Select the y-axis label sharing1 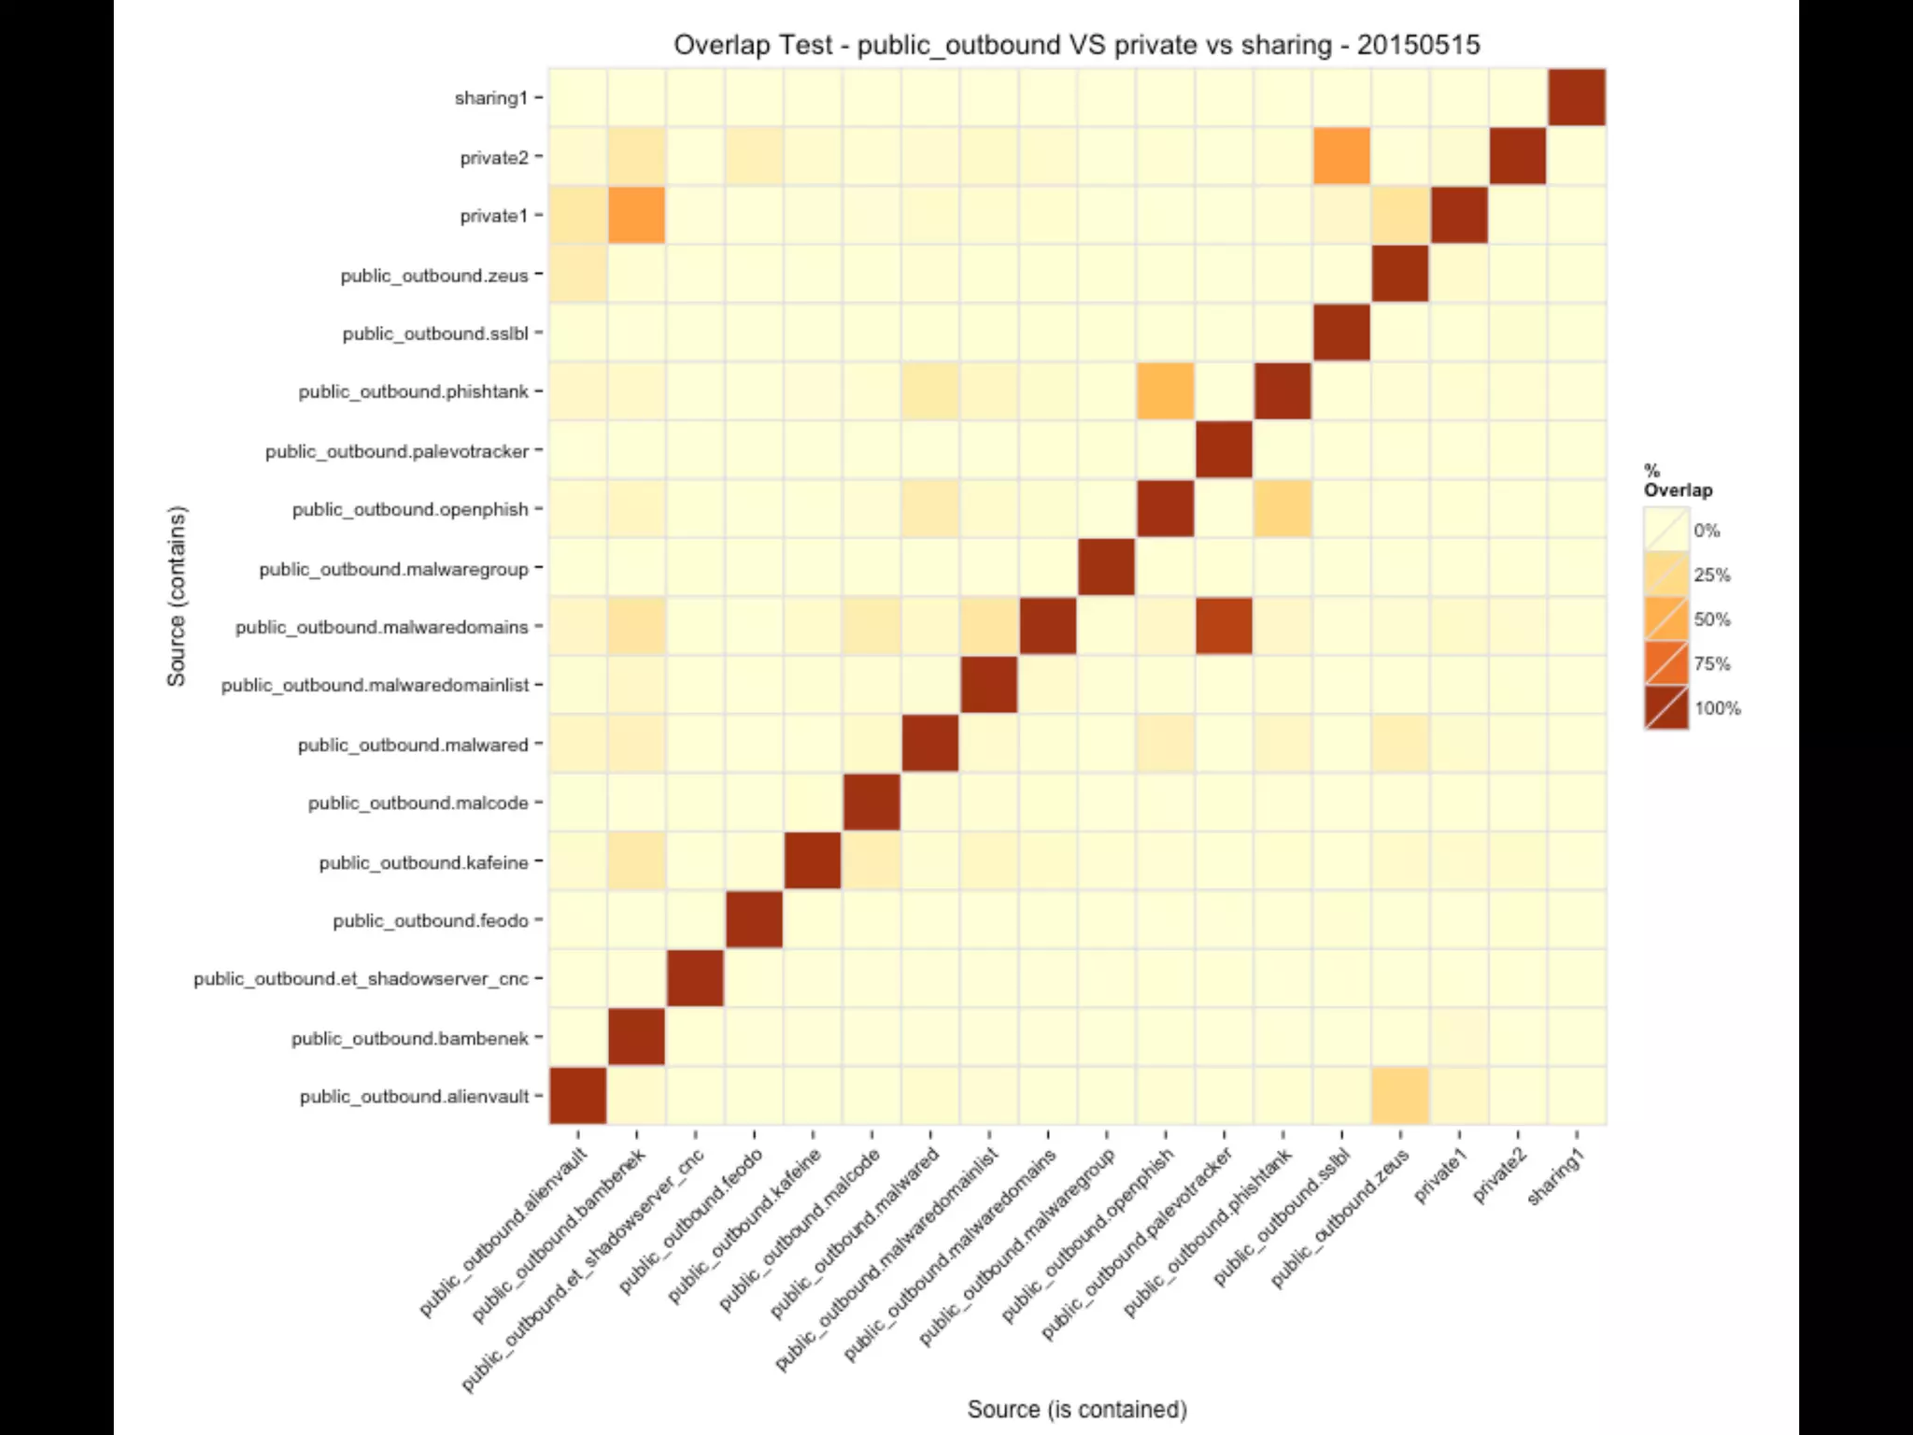(x=491, y=98)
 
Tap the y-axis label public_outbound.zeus (x=434, y=276)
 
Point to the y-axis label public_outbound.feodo (x=431, y=921)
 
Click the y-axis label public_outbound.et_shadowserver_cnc (x=361, y=979)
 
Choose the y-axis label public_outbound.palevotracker (x=397, y=452)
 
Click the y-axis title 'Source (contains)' (x=177, y=596)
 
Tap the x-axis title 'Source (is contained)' (x=1076, y=1409)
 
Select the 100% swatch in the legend (x=1666, y=707)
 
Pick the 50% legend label (x=1711, y=619)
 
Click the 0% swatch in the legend (x=1666, y=530)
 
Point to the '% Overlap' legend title (x=1678, y=480)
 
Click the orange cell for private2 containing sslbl (x=1341, y=156)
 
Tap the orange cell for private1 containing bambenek (x=636, y=215)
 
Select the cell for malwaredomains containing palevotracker (x=1224, y=626)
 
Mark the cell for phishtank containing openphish (x=1165, y=391)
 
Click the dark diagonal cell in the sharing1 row (x=1577, y=97)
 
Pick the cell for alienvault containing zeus (x=1400, y=1096)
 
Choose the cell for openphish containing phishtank (x=1282, y=509)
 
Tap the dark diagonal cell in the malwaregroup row (x=1106, y=568)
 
